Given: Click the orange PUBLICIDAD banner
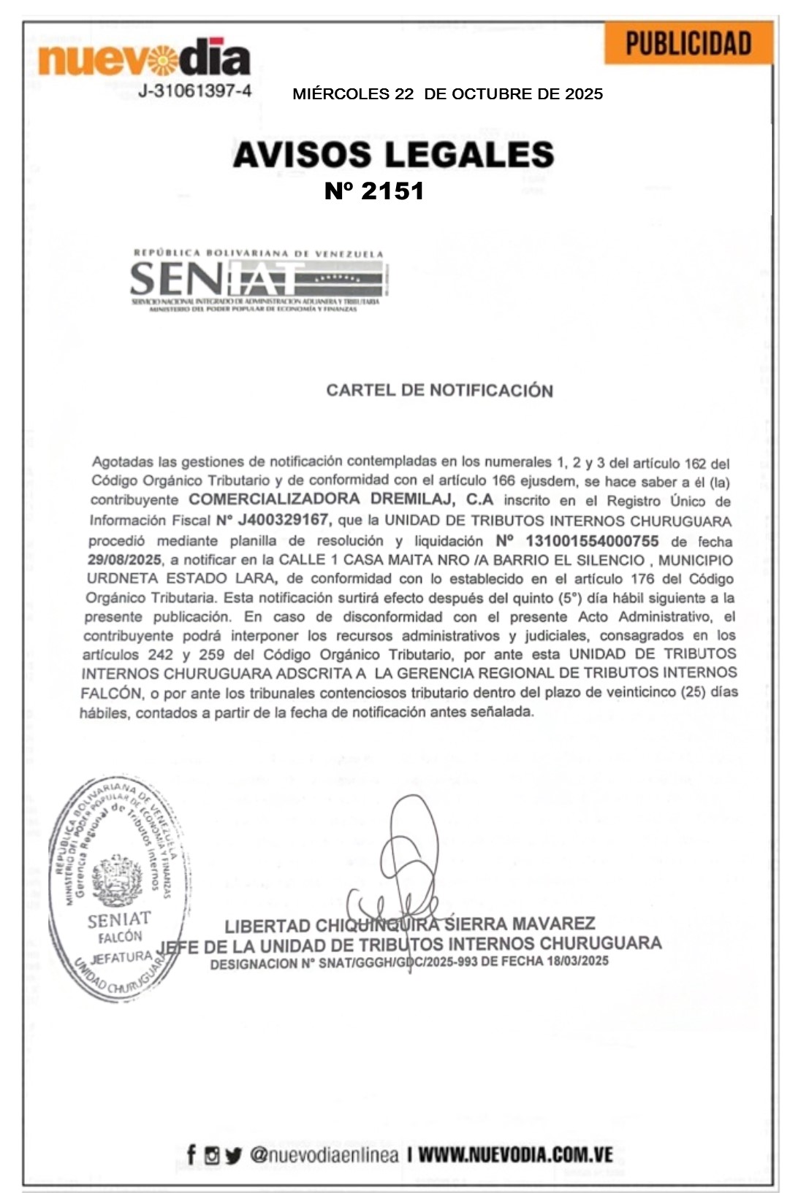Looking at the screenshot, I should (x=688, y=44).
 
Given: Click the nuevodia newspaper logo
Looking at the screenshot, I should (x=144, y=58).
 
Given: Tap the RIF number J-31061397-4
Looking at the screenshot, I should (x=195, y=91).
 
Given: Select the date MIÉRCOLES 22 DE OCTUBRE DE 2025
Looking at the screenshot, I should (x=447, y=94).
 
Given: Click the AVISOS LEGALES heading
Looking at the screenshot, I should (x=393, y=155).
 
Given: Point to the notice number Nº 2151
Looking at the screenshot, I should (x=374, y=191).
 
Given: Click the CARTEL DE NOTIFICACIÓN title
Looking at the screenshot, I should (x=439, y=391).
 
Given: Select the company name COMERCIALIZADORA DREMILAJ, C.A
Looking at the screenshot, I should (x=341, y=500).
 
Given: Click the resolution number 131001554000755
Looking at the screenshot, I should (x=592, y=541).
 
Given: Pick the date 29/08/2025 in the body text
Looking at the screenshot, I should (x=124, y=560).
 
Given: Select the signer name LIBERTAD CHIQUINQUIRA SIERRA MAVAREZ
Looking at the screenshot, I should (x=409, y=925).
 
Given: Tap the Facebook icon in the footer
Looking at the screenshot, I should (x=191, y=1154).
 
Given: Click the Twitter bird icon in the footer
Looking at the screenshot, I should (x=233, y=1155).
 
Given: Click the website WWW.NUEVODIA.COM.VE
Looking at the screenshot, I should (x=515, y=1154).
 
